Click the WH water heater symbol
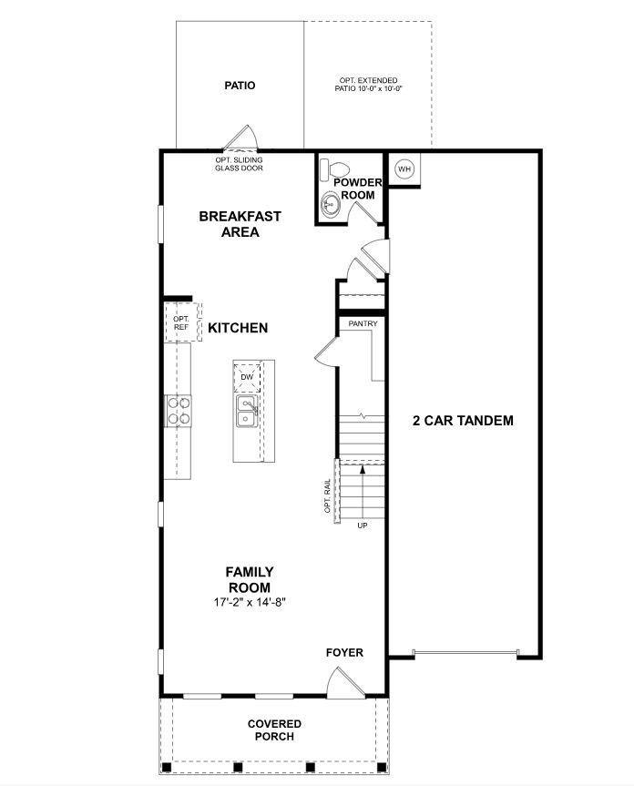coord(404,169)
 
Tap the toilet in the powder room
coord(337,170)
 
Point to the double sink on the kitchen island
coord(246,411)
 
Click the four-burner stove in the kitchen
coord(178,411)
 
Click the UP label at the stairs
coord(363,526)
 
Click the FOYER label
coord(345,652)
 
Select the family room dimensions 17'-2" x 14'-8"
coord(250,603)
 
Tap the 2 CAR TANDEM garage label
coord(463,421)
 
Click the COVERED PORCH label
coord(274,730)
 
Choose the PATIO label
coord(240,86)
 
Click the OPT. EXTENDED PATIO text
coord(368,85)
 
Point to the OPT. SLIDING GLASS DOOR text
coord(239,164)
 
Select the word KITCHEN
coord(238,328)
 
